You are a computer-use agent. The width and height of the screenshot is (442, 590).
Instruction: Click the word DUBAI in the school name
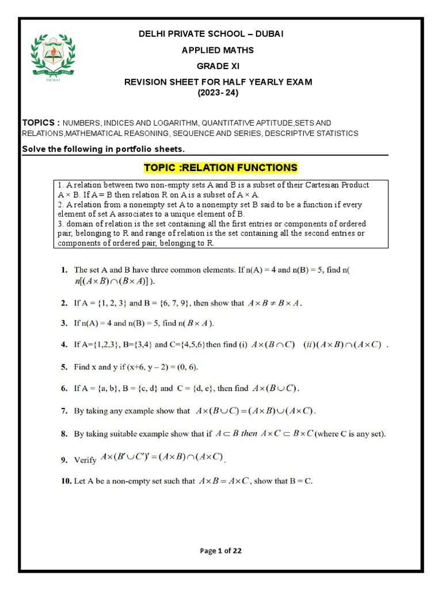click(268, 35)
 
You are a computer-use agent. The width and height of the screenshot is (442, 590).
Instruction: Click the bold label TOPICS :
click(41, 123)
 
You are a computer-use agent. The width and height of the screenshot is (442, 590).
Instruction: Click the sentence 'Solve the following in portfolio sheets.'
click(103, 149)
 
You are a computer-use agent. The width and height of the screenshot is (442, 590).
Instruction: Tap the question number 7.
click(64, 411)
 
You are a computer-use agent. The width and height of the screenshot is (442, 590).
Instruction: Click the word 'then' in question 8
click(249, 433)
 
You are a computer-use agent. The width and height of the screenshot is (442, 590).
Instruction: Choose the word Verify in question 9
click(86, 460)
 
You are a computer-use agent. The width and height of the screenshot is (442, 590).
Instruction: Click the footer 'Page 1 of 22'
click(220, 551)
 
